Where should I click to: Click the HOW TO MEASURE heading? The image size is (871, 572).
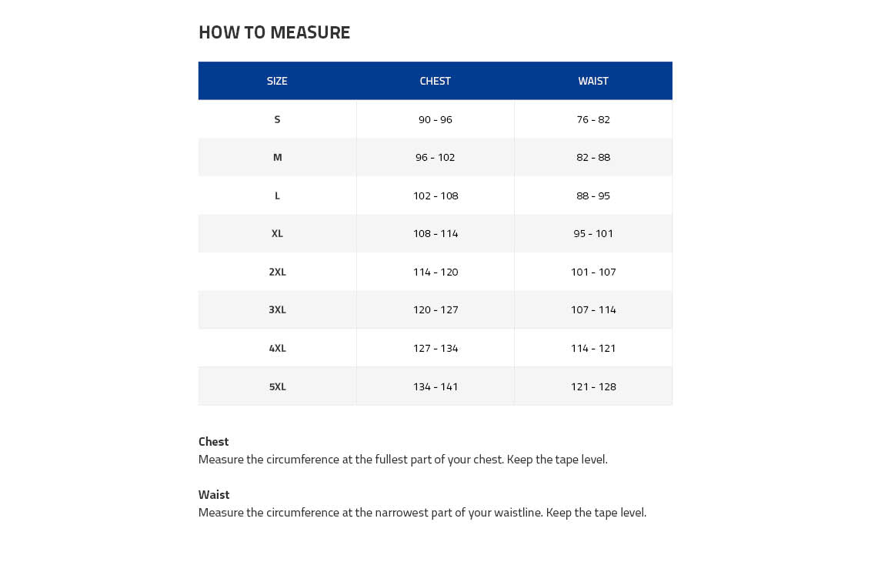274,32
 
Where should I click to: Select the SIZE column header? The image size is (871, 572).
277,81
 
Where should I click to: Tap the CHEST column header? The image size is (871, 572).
435,81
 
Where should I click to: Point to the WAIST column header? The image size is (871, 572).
593,81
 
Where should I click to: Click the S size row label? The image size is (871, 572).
277,119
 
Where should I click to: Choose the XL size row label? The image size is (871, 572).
277,233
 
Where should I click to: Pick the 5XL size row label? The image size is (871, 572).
277,386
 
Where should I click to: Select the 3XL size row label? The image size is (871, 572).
277,309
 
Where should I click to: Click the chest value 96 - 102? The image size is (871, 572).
435,157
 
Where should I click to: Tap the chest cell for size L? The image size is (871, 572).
435,196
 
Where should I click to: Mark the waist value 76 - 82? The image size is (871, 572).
593,119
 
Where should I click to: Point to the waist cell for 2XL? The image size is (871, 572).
593,272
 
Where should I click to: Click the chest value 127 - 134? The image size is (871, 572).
435,348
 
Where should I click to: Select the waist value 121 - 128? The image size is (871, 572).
593,386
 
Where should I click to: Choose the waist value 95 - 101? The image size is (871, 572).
593,233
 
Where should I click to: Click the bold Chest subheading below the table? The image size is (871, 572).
213,442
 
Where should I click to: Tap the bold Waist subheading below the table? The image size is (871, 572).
214,495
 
